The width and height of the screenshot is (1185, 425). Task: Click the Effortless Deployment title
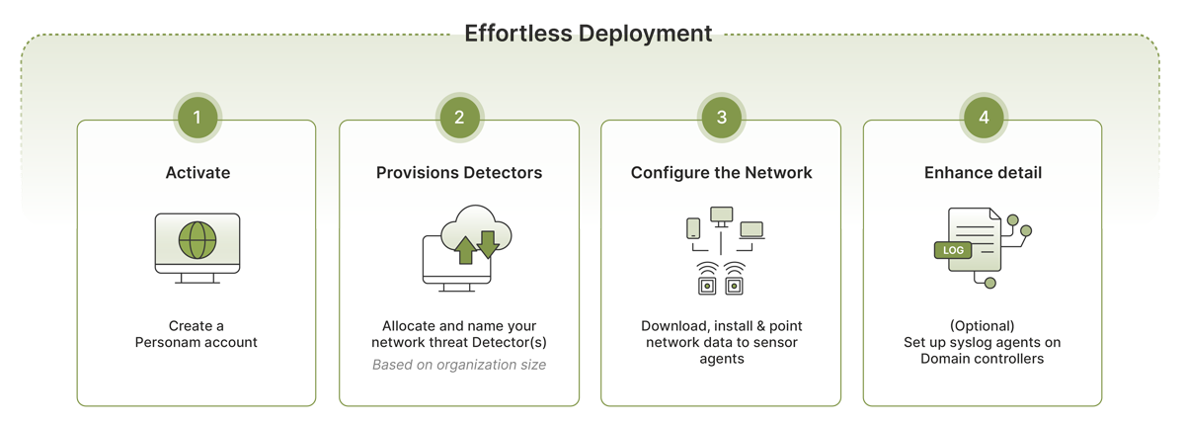coord(588,34)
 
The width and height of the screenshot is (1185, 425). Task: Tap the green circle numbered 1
coord(197,118)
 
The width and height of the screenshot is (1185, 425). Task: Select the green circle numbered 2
coord(459,118)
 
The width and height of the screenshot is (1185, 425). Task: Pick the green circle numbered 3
coord(722,118)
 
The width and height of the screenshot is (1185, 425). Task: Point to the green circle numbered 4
coord(984,118)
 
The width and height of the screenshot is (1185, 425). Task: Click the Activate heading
coord(197,173)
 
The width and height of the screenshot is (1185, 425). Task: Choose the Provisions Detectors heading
coord(459,173)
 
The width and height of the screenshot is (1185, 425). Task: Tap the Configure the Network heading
coord(722,173)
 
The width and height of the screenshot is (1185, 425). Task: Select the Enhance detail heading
coord(983,173)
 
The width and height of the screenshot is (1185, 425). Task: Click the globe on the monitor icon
coord(197,240)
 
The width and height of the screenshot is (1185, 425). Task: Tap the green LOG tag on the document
coord(953,250)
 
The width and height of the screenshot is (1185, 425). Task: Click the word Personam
coord(171,342)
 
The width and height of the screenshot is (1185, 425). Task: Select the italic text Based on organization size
coord(459,365)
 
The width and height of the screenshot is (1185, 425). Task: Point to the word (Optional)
coord(983,326)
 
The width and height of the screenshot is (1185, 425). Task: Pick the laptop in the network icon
coord(751,229)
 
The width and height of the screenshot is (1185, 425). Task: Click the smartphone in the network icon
coord(693,228)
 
